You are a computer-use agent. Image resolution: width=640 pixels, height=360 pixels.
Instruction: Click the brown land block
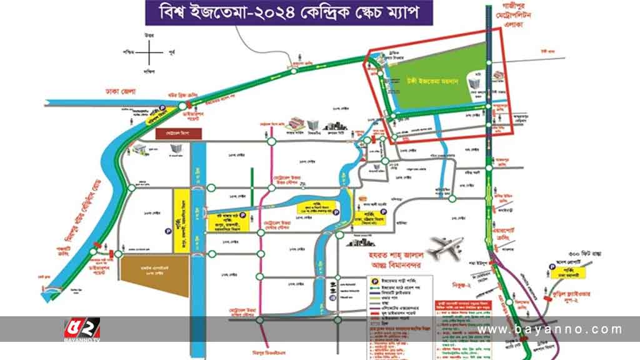(x=154, y=274)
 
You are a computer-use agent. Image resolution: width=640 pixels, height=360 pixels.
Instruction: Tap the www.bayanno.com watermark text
(x=550, y=329)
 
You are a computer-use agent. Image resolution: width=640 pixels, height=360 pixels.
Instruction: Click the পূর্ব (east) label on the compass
(x=172, y=55)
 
